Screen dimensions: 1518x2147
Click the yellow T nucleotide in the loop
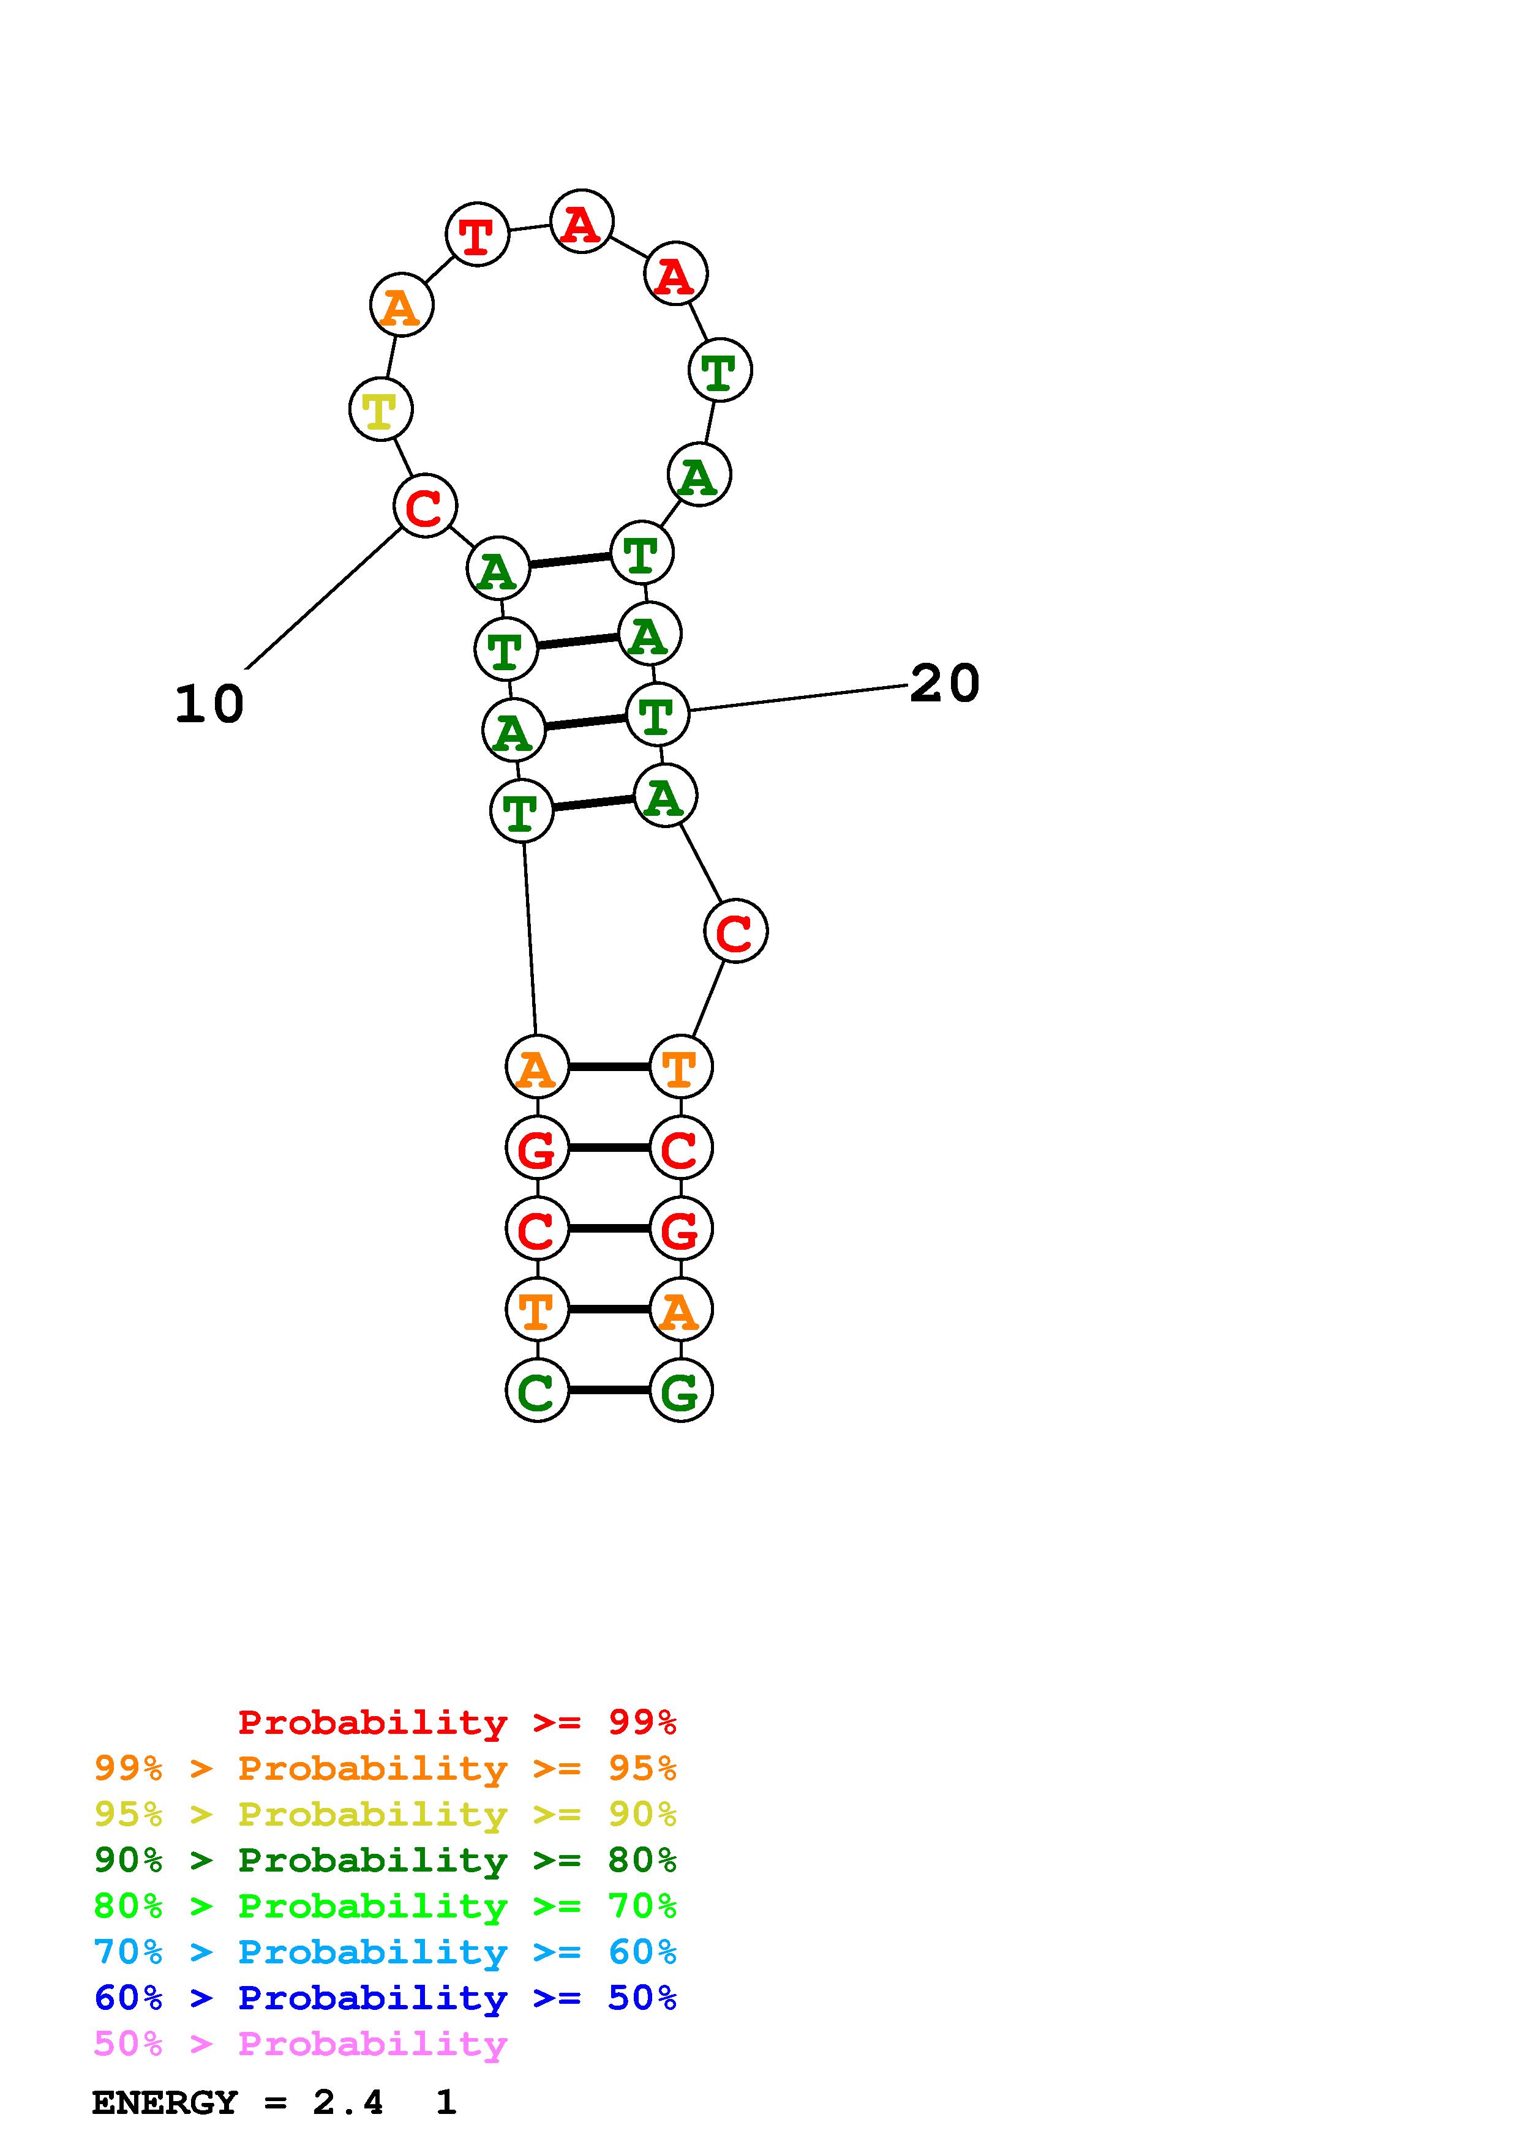click(380, 409)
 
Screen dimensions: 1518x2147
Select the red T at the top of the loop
click(477, 234)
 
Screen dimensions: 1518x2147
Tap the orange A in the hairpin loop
click(401, 306)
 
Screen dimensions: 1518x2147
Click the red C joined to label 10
click(424, 507)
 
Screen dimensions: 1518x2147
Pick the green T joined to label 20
click(656, 715)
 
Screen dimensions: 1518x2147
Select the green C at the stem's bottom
click(537, 1391)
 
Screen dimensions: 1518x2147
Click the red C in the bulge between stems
click(735, 932)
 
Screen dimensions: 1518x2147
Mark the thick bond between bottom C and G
click(609, 1391)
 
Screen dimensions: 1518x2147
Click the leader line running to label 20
click(795, 698)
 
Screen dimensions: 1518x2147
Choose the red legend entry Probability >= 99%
click(456, 1722)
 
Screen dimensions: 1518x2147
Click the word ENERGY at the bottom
click(165, 2103)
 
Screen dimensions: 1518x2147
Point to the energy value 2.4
click(348, 2103)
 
